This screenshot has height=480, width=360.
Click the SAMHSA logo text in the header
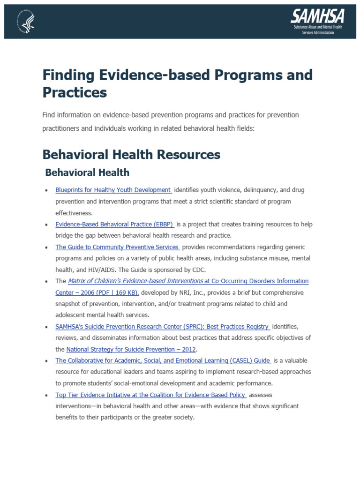click(x=317, y=17)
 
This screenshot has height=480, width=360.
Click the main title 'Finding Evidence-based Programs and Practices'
click(x=177, y=83)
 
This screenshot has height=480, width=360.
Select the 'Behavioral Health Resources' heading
click(x=131, y=154)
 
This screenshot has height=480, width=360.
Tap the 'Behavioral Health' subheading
click(x=87, y=172)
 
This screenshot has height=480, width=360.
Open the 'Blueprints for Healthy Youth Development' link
click(x=113, y=190)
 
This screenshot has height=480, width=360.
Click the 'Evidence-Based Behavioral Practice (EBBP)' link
click(x=114, y=225)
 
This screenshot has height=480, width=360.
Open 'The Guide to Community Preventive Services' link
click(x=117, y=247)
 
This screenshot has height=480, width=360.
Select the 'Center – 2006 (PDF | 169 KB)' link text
click(x=97, y=292)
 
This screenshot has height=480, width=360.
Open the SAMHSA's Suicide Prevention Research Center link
click(x=162, y=327)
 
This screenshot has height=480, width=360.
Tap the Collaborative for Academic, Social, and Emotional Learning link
click(x=163, y=361)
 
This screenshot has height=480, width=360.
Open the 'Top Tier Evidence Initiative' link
click(x=151, y=395)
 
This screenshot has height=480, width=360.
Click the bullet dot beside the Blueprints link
click(x=46, y=191)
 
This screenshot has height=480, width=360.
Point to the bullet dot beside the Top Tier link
click(x=46, y=396)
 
